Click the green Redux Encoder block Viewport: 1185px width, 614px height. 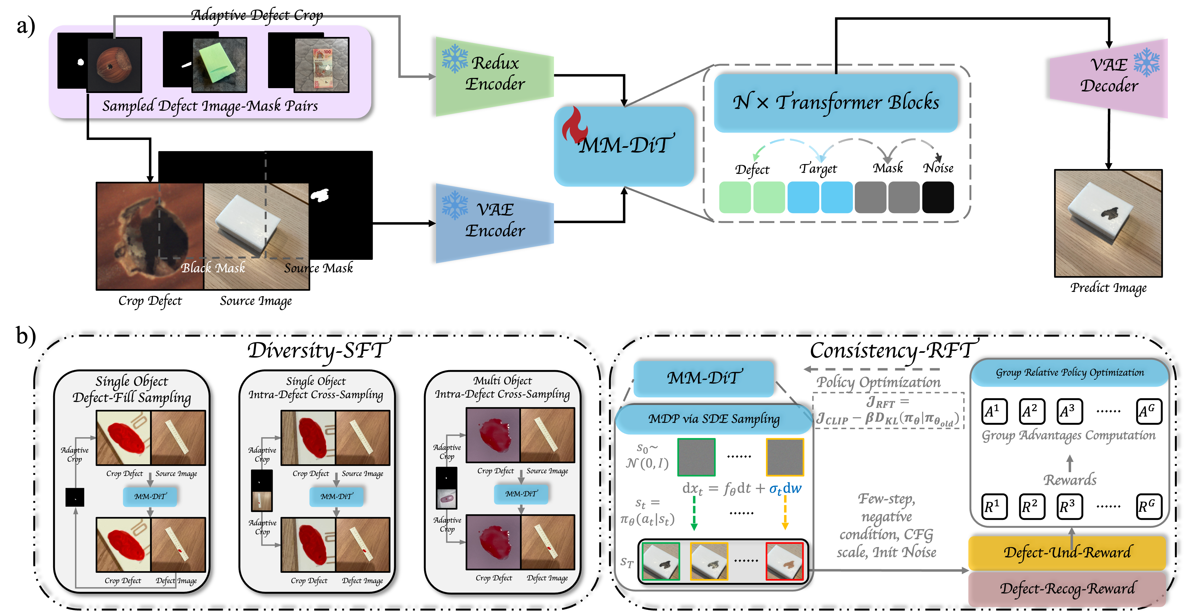[494, 76]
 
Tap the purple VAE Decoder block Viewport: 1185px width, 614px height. [1109, 78]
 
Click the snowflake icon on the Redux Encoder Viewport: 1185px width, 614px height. [455, 59]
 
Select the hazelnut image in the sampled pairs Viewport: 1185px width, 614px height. [114, 65]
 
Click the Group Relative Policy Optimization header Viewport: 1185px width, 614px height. [1070, 373]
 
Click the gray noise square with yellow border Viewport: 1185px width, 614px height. [785, 457]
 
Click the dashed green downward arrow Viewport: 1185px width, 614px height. [694, 513]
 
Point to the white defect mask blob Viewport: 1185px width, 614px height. [320, 196]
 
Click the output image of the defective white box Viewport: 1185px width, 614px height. [1108, 223]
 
